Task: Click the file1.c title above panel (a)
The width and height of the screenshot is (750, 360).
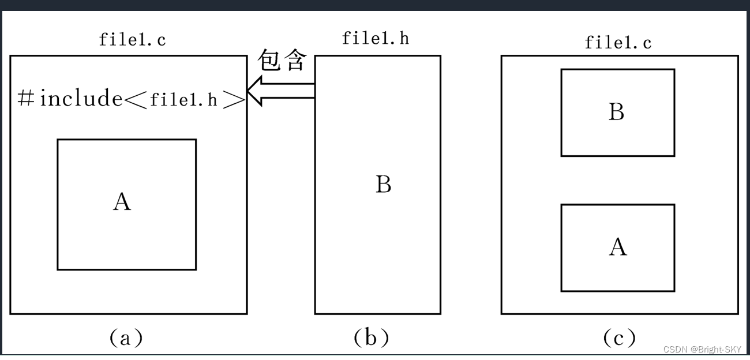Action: click(133, 40)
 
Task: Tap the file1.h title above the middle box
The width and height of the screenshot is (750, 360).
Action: click(376, 38)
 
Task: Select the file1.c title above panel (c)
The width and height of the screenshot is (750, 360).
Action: click(618, 42)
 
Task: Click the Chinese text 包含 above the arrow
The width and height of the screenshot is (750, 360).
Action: click(280, 60)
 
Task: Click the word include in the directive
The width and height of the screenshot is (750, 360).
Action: click(81, 99)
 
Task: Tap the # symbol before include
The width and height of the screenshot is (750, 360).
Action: click(26, 99)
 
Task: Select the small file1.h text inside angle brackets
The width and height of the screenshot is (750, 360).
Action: click(183, 100)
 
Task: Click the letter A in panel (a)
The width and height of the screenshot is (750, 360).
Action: click(122, 202)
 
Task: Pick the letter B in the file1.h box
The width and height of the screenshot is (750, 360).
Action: click(384, 185)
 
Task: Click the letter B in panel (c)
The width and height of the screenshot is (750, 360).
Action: click(617, 112)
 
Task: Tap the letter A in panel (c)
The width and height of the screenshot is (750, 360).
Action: click(618, 247)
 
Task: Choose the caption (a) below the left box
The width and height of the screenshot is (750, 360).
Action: click(126, 337)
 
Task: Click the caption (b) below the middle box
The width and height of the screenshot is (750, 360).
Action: click(372, 337)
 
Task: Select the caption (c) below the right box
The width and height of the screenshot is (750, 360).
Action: click(619, 337)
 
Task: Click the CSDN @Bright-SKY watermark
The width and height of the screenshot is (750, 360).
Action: click(702, 350)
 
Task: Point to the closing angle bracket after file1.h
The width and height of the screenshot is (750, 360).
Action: click(234, 99)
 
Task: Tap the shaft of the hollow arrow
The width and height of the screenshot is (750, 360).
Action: click(288, 91)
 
